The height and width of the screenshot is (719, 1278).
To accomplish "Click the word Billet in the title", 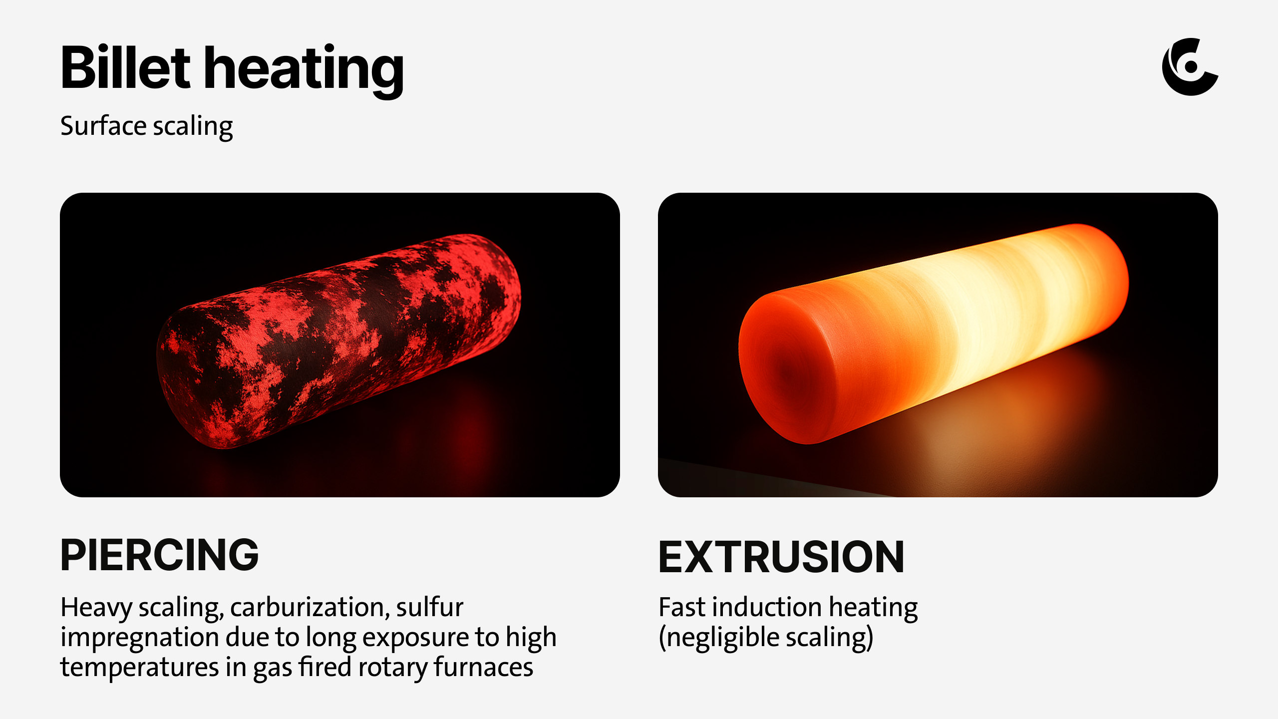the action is (x=125, y=67).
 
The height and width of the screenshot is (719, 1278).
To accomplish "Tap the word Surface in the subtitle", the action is (x=103, y=125).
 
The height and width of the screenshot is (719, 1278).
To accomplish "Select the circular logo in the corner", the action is (x=1190, y=67).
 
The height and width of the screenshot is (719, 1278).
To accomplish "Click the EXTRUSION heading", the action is (x=781, y=557).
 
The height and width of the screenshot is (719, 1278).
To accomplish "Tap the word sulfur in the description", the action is (x=430, y=607).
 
